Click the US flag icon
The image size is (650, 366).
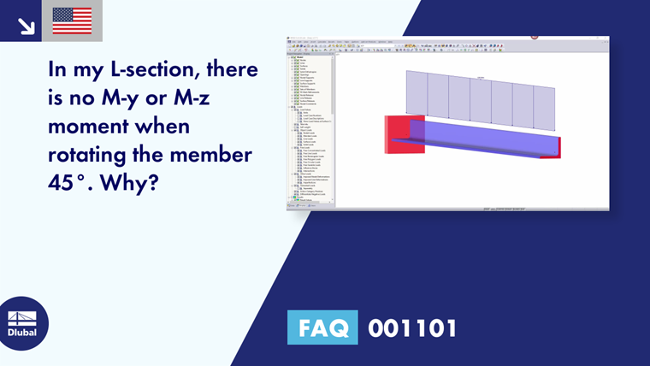72,21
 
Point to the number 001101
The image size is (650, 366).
411,328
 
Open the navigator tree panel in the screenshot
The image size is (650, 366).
310,120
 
